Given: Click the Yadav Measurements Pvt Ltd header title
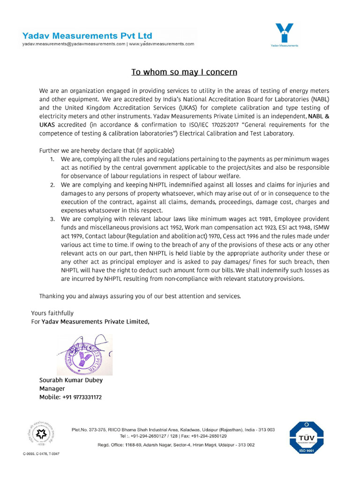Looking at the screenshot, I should click(87, 35).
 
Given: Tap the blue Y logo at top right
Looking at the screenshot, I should click(284, 33).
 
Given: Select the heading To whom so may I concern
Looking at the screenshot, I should click(184, 72).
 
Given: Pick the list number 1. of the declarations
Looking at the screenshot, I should click(52, 159).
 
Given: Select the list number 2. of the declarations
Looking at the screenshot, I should click(52, 185).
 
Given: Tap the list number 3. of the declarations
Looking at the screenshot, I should click(52, 219).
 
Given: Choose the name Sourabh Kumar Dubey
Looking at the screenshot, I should click(71, 380).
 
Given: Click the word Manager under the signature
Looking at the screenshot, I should click(52, 389).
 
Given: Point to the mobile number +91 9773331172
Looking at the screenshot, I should click(82, 397).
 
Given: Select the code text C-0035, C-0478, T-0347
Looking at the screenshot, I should click(41, 454).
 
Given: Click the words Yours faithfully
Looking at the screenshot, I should click(52, 313).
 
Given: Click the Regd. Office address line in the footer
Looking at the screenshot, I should click(176, 445).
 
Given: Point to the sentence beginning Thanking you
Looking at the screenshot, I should click(140, 296).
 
